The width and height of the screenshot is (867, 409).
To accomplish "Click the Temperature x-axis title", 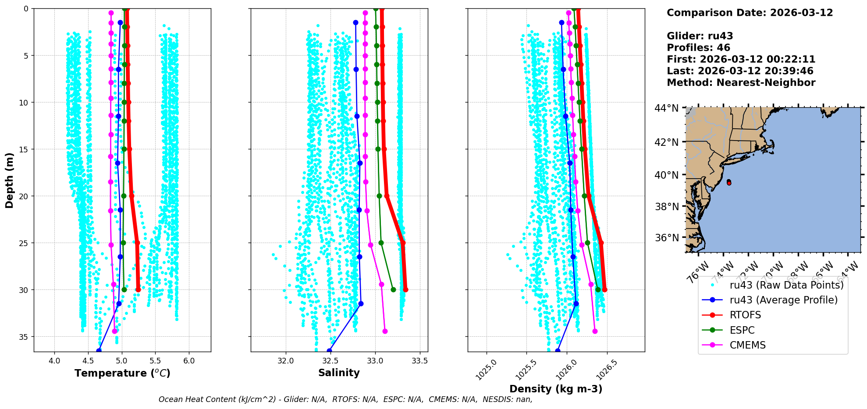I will tap(122, 373).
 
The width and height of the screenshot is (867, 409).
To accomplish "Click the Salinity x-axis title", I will tap(339, 373).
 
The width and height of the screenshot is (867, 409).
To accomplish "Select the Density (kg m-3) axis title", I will tap(556, 389).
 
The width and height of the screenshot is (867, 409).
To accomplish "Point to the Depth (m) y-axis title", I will tap(10, 180).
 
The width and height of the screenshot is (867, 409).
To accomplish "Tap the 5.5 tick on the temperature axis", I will tap(155, 361).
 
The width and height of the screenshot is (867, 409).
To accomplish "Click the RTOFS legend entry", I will tap(745, 315).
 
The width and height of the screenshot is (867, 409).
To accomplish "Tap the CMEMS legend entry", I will tap(747, 345).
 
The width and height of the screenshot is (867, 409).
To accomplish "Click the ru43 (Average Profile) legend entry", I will tap(783, 300).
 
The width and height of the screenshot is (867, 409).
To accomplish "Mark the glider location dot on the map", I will tap(729, 183).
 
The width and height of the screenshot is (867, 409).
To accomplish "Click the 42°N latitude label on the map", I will tap(666, 142).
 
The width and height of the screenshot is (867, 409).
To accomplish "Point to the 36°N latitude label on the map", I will tap(666, 238).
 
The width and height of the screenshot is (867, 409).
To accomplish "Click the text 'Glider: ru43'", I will tap(700, 36).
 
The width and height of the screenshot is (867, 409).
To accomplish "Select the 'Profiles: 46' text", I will tap(698, 48).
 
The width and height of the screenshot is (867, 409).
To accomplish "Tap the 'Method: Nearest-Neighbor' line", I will tap(741, 82).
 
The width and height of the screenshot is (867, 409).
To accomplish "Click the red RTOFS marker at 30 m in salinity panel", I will tap(405, 289).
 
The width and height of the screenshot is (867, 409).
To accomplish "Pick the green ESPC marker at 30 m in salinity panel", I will tap(393, 289).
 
